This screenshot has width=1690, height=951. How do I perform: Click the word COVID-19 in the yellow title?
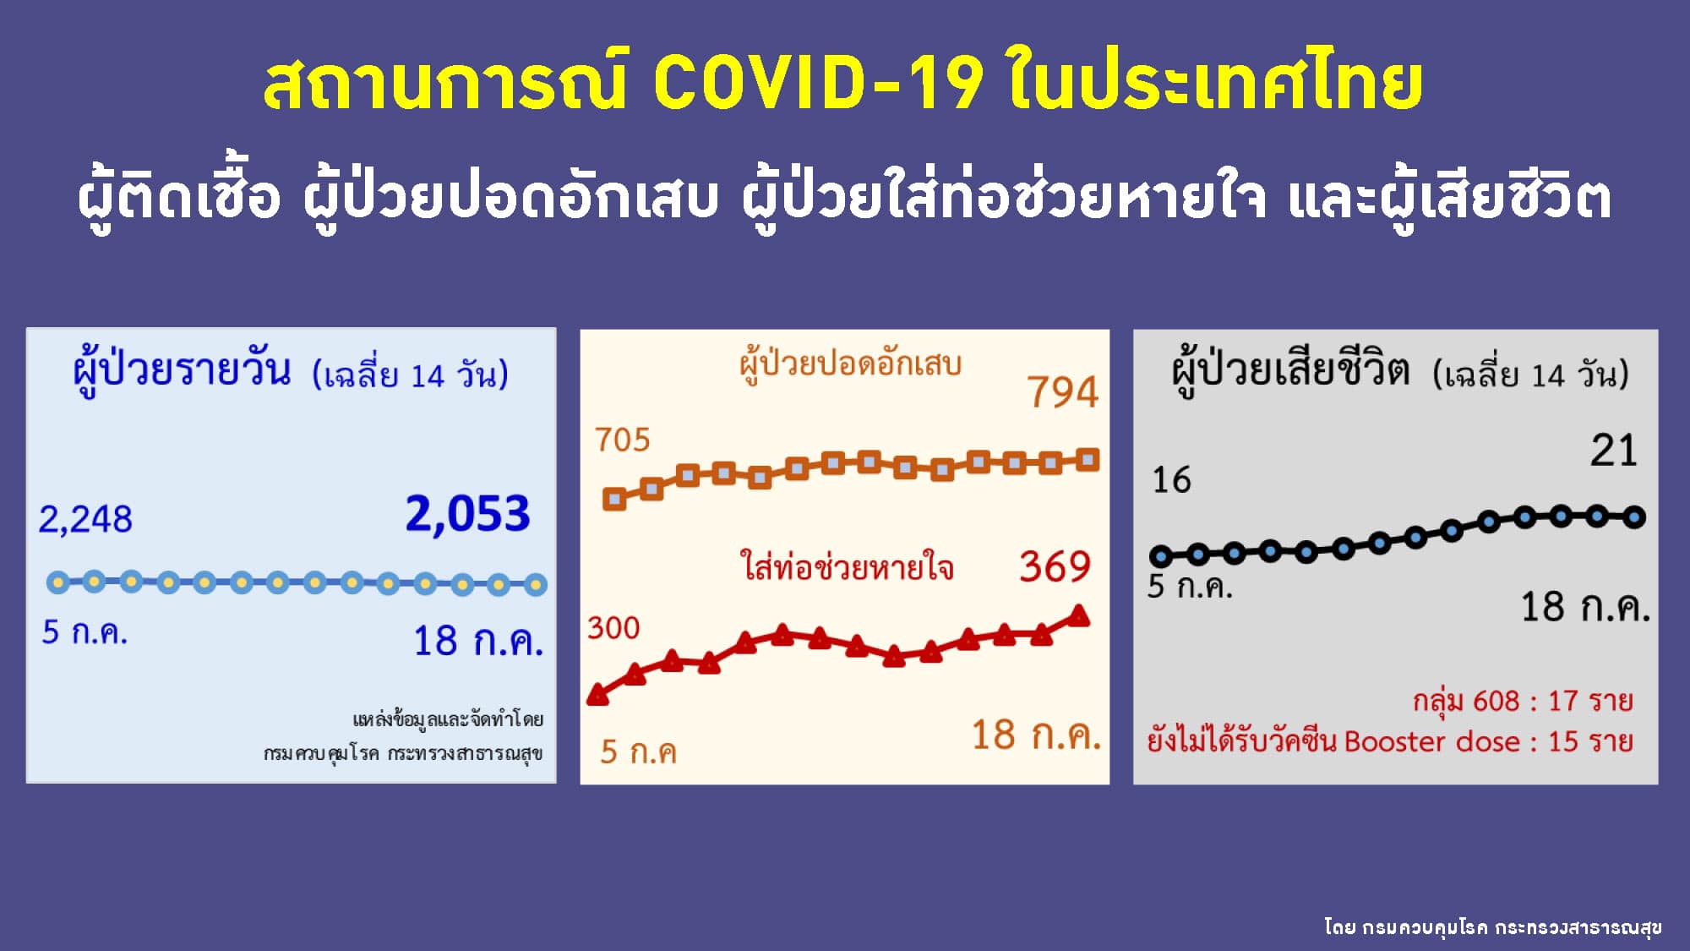point(818,83)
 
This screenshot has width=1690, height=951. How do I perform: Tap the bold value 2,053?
point(467,514)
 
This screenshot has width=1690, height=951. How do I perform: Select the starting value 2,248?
point(85,519)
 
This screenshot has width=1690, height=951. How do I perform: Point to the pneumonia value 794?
point(1063,392)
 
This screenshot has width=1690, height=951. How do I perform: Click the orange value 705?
point(623,440)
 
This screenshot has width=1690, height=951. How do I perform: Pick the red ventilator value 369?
point(1055,566)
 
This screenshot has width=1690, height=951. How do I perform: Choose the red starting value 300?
point(614,628)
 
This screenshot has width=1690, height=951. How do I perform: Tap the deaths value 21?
point(1614,451)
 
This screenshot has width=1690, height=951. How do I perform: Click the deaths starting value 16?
point(1172,480)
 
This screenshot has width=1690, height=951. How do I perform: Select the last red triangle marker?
point(1079,615)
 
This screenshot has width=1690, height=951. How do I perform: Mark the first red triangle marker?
point(597,695)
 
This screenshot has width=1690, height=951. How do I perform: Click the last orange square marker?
point(1088,460)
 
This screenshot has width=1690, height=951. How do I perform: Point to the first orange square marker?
point(614,499)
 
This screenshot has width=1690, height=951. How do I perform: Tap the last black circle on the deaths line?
point(1634,517)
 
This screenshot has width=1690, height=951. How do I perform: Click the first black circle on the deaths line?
point(1161,556)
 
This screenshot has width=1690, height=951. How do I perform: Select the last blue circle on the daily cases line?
point(536,584)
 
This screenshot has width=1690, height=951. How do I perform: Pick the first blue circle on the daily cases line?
point(57,582)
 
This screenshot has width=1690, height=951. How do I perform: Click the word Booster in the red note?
point(1398,742)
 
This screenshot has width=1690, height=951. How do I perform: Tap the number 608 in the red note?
point(1496,701)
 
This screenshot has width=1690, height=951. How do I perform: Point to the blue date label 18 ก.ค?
point(477,642)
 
